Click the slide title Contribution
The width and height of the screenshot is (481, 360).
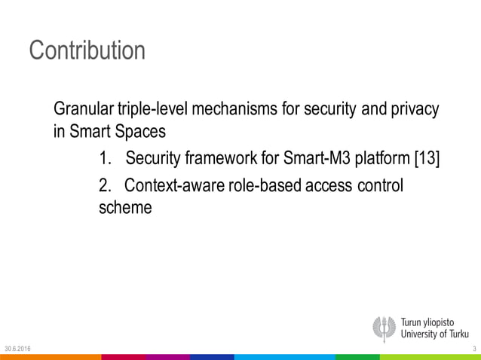87,50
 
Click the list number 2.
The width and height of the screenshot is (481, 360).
104,185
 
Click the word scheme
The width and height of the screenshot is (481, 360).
125,209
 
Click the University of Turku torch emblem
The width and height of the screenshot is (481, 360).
384,328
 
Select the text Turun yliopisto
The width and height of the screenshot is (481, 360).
435,321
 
